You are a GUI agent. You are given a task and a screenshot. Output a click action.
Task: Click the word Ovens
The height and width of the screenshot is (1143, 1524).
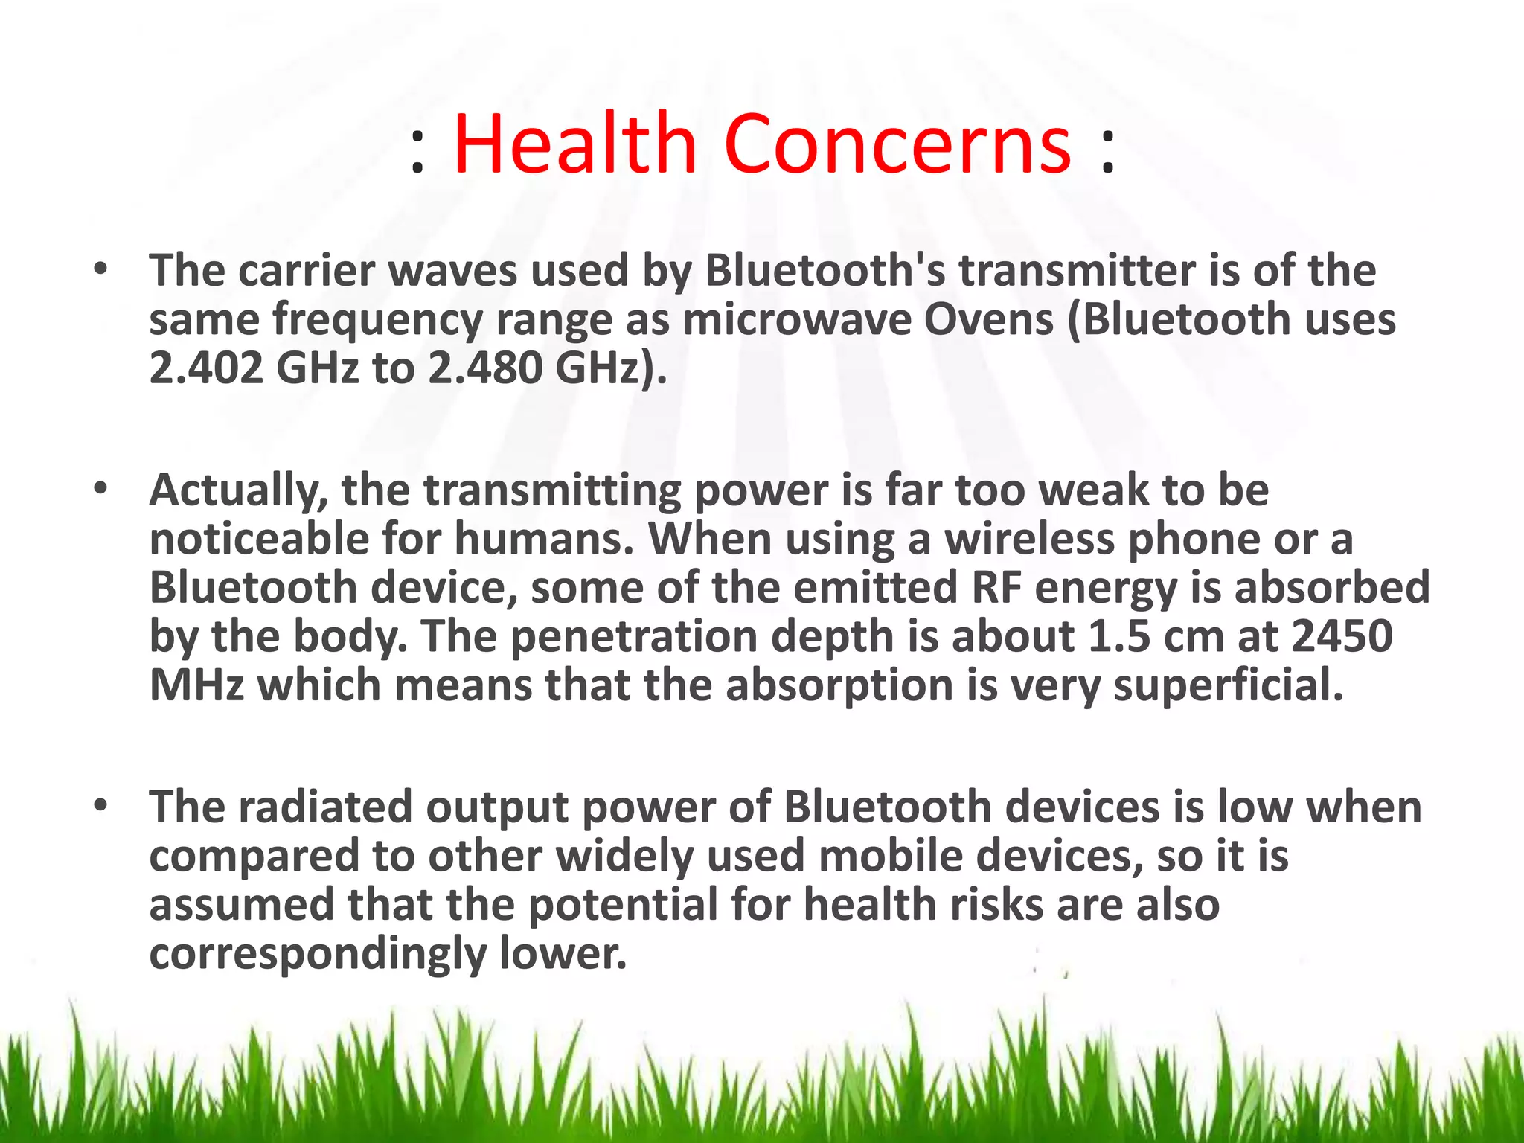click(x=989, y=319)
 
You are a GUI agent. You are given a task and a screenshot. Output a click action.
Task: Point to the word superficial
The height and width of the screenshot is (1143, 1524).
click(x=1229, y=686)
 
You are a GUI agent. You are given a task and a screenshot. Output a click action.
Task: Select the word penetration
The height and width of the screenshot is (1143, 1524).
click(x=633, y=637)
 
